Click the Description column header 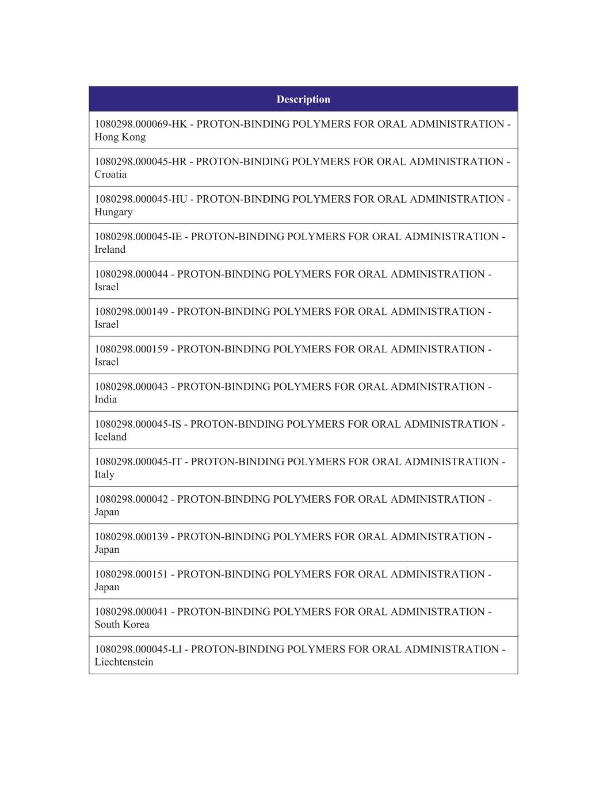[303, 99]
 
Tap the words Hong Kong [120, 137]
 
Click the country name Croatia [110, 174]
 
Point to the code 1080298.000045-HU [141, 199]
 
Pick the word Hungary [113, 212]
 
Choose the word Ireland [110, 249]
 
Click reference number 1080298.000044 [131, 274]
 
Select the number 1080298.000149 [131, 312]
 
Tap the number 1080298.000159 [131, 349]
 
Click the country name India [105, 400]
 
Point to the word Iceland [110, 437]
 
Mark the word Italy [104, 474]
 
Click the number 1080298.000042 [131, 499]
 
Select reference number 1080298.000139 [131, 537]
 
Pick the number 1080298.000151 [131, 574]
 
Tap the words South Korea [121, 625]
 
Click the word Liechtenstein [124, 662]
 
